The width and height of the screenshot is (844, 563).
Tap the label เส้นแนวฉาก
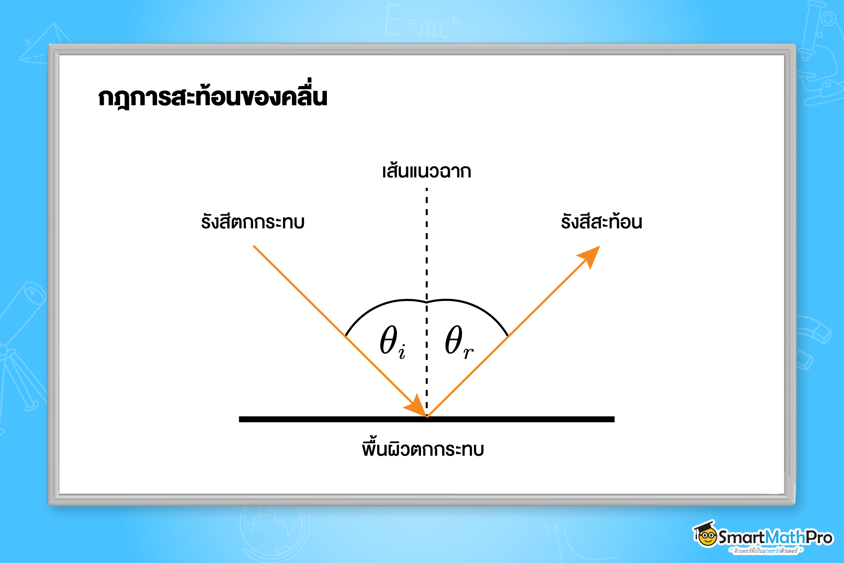click(x=426, y=171)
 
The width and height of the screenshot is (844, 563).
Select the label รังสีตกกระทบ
click(x=253, y=222)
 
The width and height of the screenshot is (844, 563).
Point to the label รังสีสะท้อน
click(x=601, y=222)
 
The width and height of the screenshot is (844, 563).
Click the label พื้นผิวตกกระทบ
click(x=423, y=449)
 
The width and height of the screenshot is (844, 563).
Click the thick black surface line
click(x=323, y=419)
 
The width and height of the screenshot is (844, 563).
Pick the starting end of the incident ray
click(x=254, y=246)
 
